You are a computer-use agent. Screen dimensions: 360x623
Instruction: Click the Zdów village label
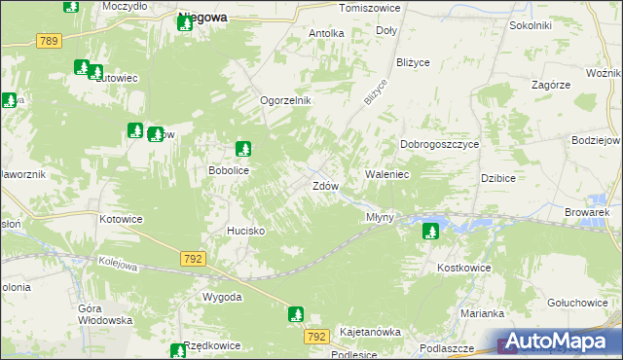pos(325,186)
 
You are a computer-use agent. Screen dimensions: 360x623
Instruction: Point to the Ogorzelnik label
pos(284,101)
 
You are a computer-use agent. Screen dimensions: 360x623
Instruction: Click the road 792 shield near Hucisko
pos(192,258)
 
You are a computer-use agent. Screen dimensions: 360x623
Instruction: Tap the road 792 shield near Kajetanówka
pos(315,336)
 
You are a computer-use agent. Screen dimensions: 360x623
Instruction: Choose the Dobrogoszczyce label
pos(440,144)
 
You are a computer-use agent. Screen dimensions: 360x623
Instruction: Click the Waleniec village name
pos(386,174)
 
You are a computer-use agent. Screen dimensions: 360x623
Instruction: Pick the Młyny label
pos(380,217)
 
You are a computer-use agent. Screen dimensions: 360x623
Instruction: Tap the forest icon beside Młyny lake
pos(430,232)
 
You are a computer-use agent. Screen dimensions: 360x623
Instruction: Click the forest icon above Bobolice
pos(243,149)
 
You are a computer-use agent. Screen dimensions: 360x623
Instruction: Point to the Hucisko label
pos(245,231)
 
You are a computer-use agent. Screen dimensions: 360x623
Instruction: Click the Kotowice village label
pos(121,219)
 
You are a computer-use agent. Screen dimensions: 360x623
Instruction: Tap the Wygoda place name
pos(221,297)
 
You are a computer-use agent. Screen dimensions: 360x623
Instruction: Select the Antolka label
pos(326,33)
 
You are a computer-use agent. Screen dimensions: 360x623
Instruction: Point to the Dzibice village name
pos(498,178)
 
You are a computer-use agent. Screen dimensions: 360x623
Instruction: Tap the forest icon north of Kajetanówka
pos(296,314)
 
